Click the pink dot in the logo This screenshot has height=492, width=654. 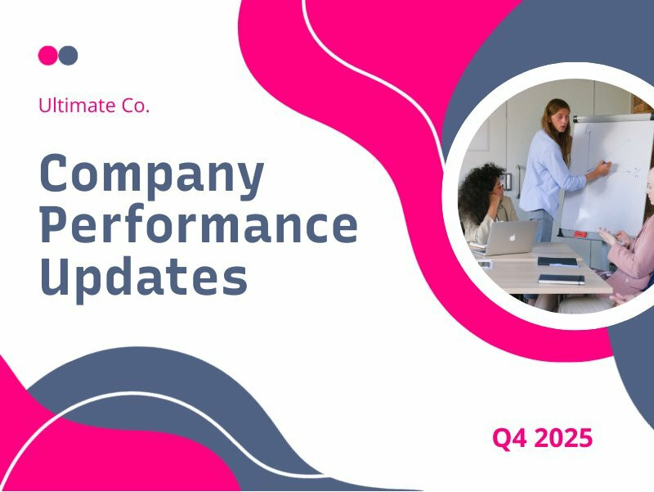coord(47,56)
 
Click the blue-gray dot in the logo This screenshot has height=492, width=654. coord(69,56)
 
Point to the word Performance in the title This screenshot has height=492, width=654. coord(199,226)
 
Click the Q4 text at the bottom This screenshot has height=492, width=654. coord(511,438)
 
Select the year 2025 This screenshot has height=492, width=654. coord(565,438)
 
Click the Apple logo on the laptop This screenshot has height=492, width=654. coord(513,237)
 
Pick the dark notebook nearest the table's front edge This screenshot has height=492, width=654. coord(561,279)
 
